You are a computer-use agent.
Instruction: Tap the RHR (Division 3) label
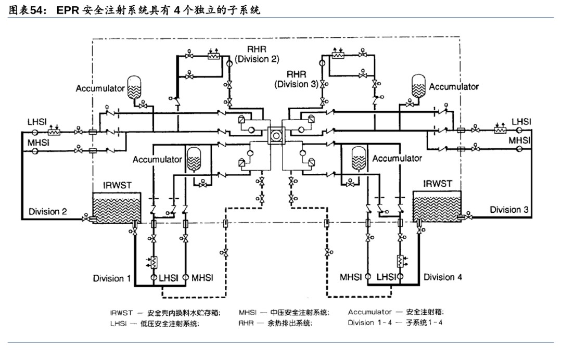pos(296,79)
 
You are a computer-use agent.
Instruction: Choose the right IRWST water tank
pos(437,206)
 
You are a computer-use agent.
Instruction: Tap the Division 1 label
pos(112,278)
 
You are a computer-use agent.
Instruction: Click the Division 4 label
pos(442,277)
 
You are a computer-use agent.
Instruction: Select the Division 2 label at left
pos(48,212)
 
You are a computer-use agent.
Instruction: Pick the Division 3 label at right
pos(509,210)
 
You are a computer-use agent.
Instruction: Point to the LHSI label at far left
pos(37,122)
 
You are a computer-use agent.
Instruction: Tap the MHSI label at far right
pos(519,140)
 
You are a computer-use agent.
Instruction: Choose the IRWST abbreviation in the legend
pos(121,313)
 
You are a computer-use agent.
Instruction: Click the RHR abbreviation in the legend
pos(246,323)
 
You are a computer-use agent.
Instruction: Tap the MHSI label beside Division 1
pos(202,278)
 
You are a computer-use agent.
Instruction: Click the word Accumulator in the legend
pos(369,312)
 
